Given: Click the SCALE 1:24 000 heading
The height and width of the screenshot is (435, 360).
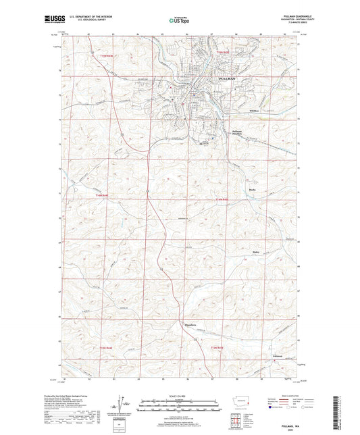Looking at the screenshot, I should tap(179, 395).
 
